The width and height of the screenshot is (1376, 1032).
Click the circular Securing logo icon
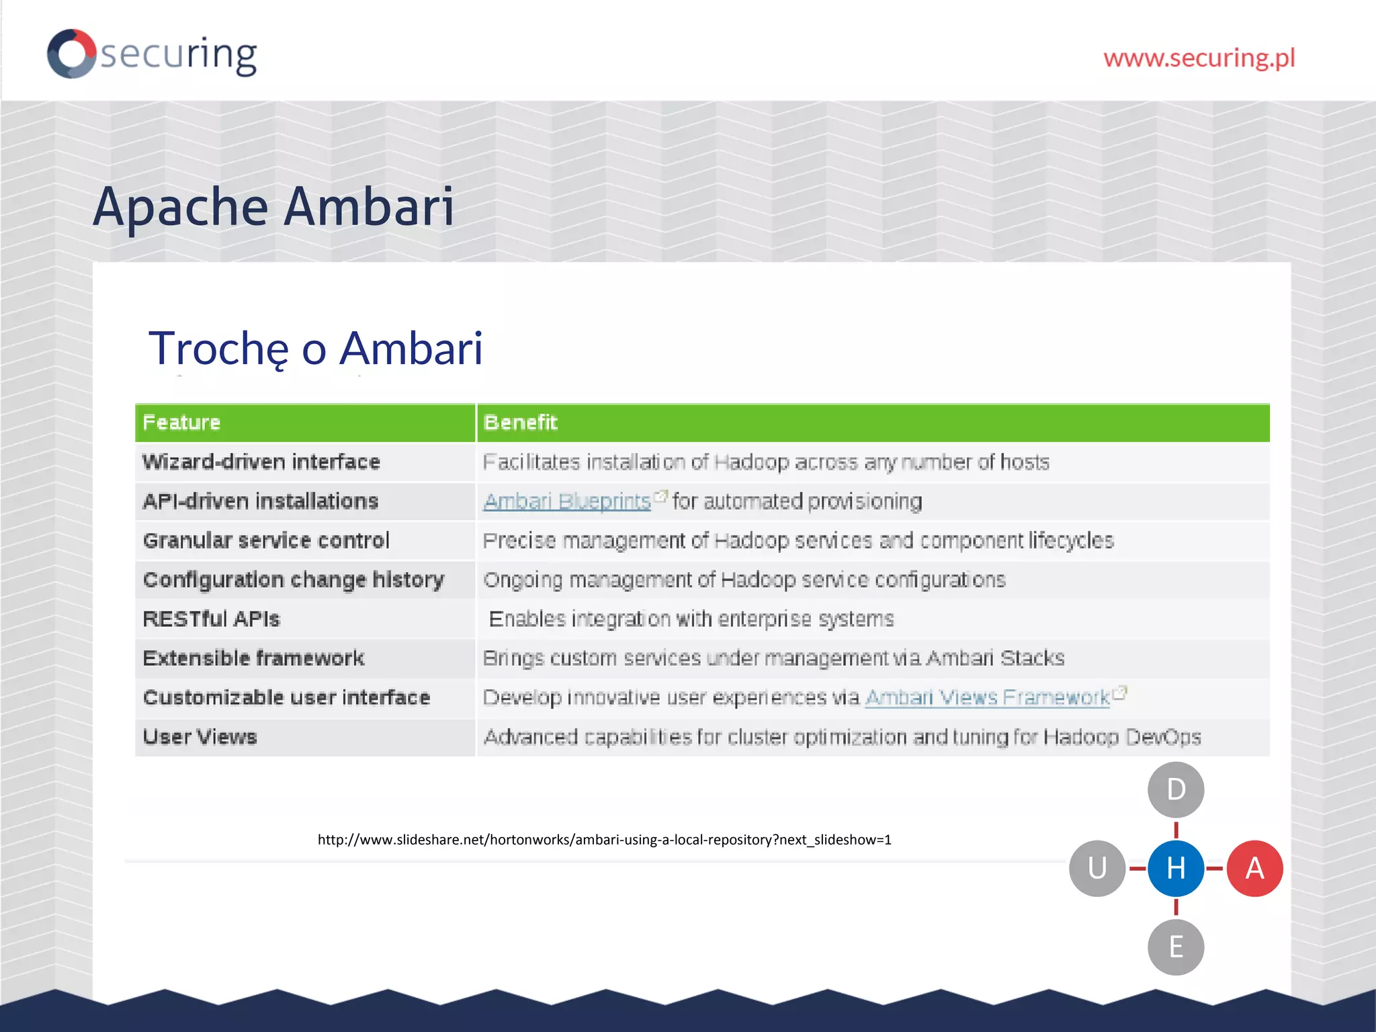click(71, 54)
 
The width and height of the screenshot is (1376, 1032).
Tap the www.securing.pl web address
click(1199, 58)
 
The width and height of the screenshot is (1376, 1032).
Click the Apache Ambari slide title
click(273, 206)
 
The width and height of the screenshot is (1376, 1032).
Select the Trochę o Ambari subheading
click(315, 348)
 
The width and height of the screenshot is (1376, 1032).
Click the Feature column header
click(181, 423)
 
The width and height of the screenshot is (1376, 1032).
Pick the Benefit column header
click(521, 423)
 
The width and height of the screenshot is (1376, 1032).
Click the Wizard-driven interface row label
click(261, 462)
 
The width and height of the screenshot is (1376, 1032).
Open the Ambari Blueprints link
click(567, 501)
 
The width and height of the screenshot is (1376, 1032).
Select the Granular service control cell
click(266, 541)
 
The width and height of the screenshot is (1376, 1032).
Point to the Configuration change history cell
click(294, 580)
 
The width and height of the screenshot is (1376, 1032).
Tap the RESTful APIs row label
click(212, 619)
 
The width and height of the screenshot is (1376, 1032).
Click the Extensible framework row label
click(254, 658)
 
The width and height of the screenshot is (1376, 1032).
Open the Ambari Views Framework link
click(987, 697)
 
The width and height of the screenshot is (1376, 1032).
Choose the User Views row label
click(200, 737)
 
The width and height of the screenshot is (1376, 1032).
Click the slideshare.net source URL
click(604, 840)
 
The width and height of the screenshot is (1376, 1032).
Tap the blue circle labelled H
click(1176, 868)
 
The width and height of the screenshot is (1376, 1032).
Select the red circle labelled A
click(1254, 868)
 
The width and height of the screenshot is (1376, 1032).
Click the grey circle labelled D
click(1176, 789)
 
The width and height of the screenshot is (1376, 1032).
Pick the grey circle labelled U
click(1097, 868)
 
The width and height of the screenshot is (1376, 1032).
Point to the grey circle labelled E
click(1176, 947)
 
